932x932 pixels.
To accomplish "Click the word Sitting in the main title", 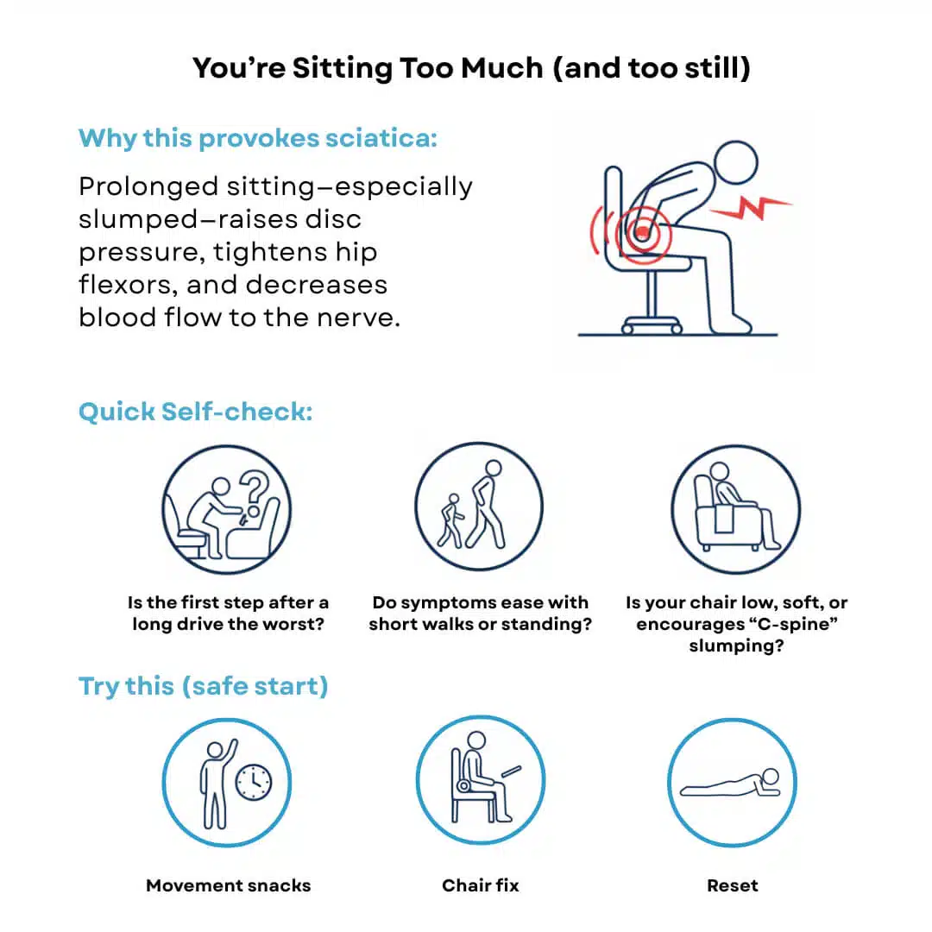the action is (x=342, y=69).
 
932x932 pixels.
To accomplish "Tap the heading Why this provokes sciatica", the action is (x=258, y=138).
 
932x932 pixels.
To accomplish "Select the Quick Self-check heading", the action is (x=196, y=412).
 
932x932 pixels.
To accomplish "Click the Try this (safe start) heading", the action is (x=204, y=686).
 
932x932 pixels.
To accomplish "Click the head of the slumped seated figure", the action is (x=736, y=162).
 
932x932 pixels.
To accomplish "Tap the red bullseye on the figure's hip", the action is (x=643, y=233).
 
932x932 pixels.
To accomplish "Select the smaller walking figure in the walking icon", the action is (x=451, y=520).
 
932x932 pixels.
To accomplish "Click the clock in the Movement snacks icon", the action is (x=254, y=782).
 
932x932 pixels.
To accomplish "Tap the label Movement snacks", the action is (x=228, y=885).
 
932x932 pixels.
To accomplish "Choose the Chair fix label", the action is (x=481, y=885).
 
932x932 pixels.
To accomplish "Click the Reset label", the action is (x=733, y=885).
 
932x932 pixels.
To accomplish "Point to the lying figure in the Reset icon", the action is (x=730, y=784).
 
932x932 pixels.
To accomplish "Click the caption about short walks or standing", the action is (x=481, y=614).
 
